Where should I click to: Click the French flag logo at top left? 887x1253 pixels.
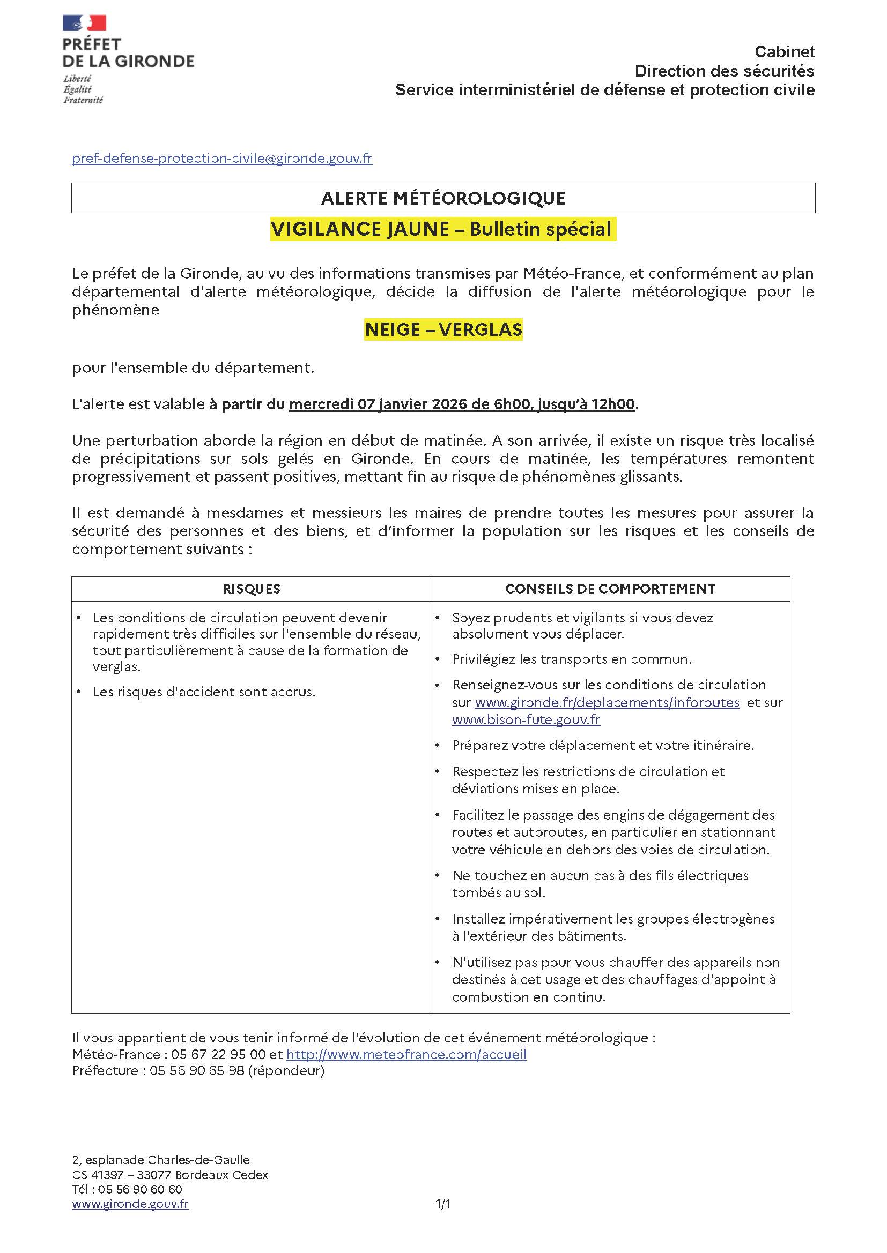pos(84,23)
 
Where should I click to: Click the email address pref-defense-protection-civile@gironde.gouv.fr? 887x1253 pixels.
pos(222,158)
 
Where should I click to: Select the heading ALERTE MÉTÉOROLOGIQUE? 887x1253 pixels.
pos(443,198)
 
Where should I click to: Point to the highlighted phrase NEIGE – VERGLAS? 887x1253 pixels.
pos(443,329)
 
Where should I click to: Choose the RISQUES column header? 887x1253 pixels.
pos(251,589)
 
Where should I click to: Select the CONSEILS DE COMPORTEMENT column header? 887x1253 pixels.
pos(610,589)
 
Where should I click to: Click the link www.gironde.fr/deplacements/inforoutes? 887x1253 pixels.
pos(607,702)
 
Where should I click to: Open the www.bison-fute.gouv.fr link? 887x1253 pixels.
pos(526,720)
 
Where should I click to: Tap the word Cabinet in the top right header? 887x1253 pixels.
pos(785,52)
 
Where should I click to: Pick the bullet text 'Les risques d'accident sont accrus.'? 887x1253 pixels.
pos(204,692)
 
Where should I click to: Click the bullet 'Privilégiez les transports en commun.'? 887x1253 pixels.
pos(571,659)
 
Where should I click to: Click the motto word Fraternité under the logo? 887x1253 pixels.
pos(83,100)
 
